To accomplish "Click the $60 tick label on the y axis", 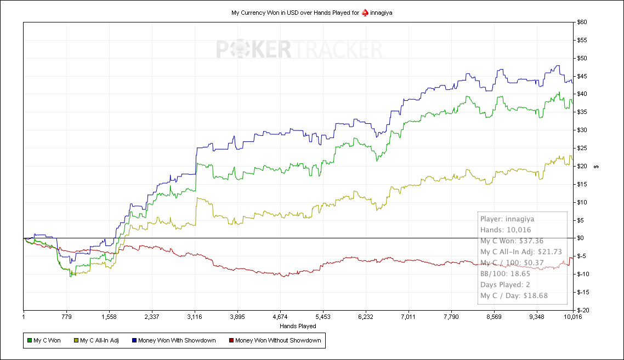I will coord(582,22).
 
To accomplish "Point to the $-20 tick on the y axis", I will coord(583,310).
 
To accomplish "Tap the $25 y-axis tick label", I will coord(582,148).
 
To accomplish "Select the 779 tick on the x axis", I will coord(66,317).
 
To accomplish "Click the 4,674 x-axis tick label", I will coord(280,317).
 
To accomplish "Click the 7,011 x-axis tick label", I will coord(408,317).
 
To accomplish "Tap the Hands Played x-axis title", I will coord(298,326).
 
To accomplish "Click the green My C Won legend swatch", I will coord(29,341).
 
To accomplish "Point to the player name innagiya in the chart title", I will coord(381,12).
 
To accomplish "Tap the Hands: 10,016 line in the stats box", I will coord(506,230).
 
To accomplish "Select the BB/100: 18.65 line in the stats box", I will coord(504,273).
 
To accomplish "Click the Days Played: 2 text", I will coord(505,284).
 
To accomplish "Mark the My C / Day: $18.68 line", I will coord(514,295).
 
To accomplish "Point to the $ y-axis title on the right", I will coord(597,166).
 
